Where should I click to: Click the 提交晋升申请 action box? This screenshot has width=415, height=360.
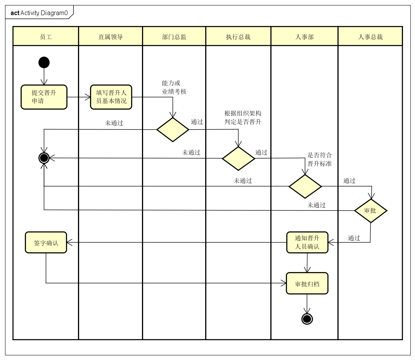pos(44,97)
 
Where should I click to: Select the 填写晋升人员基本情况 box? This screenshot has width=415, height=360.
pos(111,97)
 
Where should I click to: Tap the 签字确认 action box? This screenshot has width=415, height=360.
pos(46,243)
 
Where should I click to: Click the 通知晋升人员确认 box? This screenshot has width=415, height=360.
pos(307,242)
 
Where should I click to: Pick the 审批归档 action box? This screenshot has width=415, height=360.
pos(307,283)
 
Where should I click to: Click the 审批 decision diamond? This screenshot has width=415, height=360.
pos(370,211)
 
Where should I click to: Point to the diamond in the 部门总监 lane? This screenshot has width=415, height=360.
pos(173,129)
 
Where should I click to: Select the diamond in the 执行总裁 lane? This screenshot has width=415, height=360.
pos(238,158)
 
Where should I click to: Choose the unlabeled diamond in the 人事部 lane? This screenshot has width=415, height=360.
pos(305,186)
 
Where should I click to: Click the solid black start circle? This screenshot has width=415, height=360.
pos(44,62)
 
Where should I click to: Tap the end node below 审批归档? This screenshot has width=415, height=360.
pos(307,319)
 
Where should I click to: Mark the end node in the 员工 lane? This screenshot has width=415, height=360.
pos(44,158)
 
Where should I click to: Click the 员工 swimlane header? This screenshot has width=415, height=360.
pos(46,37)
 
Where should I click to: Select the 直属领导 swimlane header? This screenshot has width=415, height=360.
pos(111,37)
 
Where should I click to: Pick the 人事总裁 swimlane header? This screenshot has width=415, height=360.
pos(370,37)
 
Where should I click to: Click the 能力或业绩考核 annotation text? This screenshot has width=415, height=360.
pos(174,88)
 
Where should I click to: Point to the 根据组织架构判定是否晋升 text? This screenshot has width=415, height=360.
pos(243,117)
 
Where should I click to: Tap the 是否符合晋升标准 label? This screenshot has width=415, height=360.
pos(320,159)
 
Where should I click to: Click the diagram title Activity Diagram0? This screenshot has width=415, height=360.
pos(39,13)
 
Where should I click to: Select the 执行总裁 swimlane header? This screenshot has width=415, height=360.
pos(238,37)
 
